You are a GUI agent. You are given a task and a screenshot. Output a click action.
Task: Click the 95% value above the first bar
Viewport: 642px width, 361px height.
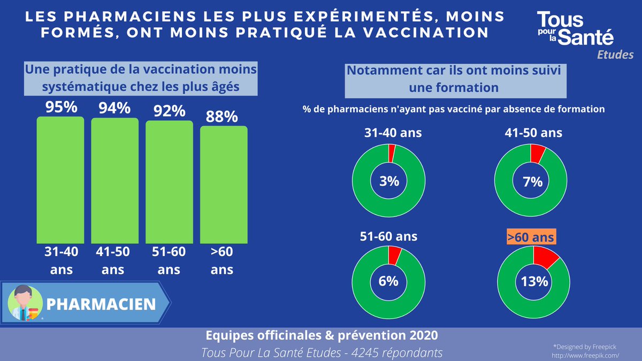[x=60, y=107]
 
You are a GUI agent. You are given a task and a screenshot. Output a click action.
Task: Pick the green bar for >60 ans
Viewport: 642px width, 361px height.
[x=224, y=185]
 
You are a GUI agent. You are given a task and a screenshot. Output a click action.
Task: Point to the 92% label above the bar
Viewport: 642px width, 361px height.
[x=169, y=111]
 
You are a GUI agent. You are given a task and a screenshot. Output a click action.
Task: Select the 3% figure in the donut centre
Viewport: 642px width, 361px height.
[x=389, y=181]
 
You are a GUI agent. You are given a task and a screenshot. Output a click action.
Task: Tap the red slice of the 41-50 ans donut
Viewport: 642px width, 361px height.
[x=538, y=153]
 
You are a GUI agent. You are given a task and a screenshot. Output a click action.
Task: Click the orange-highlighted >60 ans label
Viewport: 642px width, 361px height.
[x=531, y=236]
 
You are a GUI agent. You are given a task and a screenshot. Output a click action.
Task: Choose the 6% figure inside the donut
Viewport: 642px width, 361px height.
[x=389, y=281]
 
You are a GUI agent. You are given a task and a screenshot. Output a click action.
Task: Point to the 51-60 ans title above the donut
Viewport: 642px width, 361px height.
[x=388, y=236]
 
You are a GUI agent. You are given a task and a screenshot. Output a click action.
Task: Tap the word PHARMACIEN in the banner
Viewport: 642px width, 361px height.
[x=101, y=304]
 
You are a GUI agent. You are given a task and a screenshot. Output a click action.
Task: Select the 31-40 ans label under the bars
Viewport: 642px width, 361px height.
[x=60, y=260]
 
